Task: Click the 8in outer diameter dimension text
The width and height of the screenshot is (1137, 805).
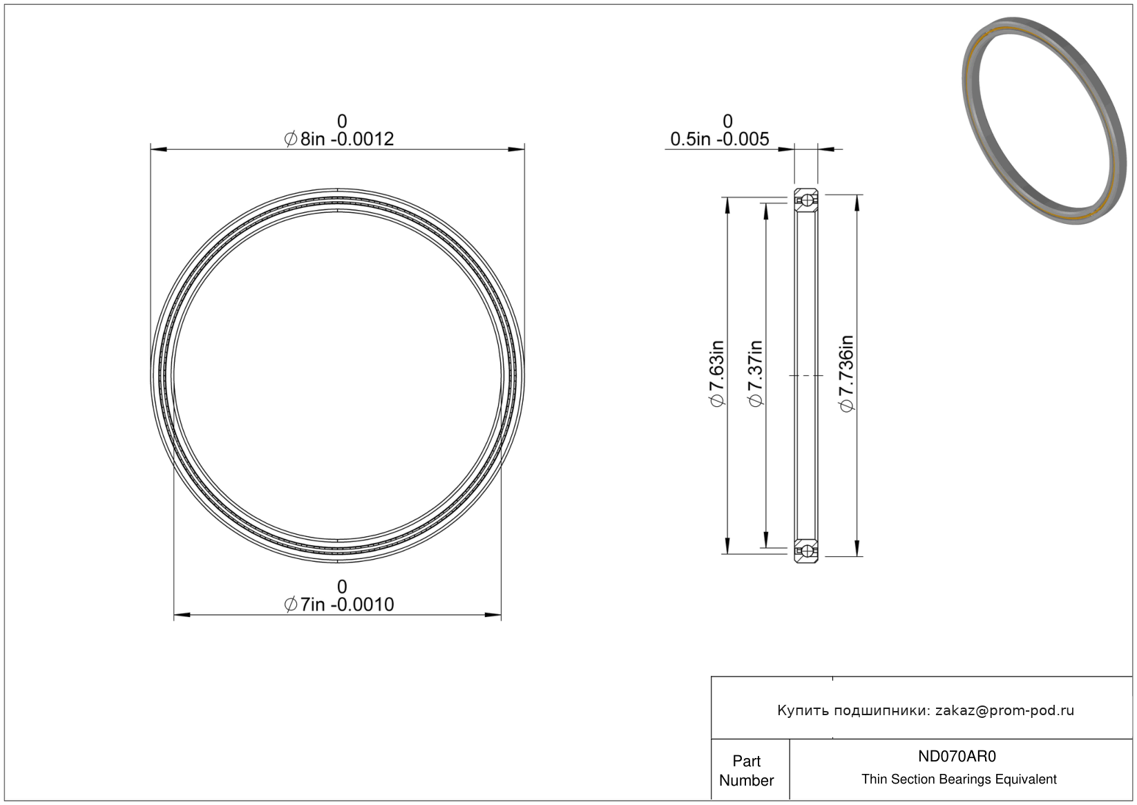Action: tap(338, 139)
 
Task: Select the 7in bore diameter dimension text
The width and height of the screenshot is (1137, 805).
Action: tap(338, 605)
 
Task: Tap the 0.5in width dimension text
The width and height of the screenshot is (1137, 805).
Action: tap(719, 139)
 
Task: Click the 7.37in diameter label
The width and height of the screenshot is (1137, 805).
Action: tap(755, 374)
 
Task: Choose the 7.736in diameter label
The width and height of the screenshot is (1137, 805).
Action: tap(846, 374)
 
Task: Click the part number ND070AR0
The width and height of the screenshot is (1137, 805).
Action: tap(957, 756)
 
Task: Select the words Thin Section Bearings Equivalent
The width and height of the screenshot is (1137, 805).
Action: tap(959, 779)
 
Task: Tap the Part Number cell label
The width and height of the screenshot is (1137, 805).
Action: tap(747, 770)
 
